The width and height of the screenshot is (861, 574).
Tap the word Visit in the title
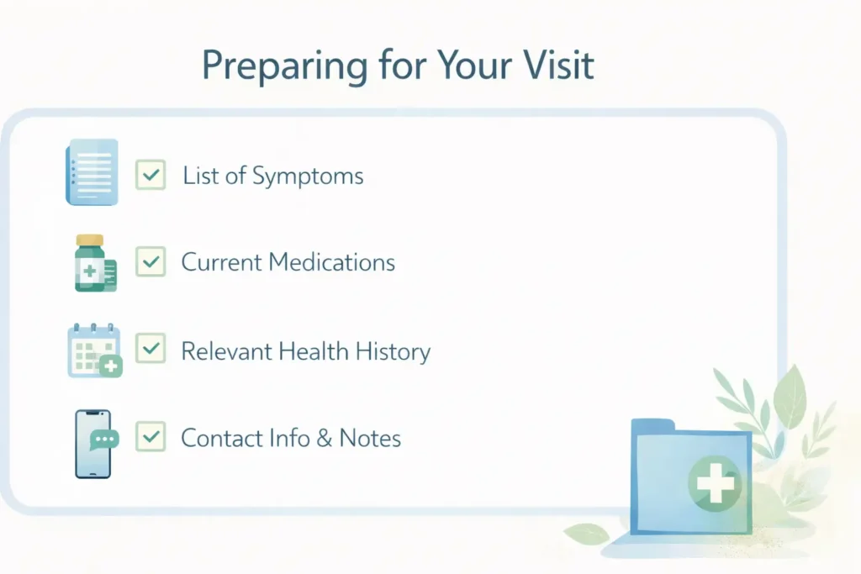[558, 65]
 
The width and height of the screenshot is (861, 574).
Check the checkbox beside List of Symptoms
[151, 175]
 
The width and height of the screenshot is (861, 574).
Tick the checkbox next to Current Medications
[151, 261]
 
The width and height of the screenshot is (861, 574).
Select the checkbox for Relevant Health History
[151, 348]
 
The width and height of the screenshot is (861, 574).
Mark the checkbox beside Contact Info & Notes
[151, 436]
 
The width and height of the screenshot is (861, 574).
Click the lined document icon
[92, 172]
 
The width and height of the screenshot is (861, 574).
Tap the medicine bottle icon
[95, 263]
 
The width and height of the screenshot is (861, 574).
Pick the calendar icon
[94, 350]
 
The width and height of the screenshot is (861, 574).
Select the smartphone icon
[92, 444]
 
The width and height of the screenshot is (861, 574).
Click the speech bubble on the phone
[104, 440]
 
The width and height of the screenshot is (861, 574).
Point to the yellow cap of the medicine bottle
[90, 240]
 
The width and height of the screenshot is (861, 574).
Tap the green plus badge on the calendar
[111, 366]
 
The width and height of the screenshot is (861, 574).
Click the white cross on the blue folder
[715, 483]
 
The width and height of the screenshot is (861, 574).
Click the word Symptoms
[308, 176]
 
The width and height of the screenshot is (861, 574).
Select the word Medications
[331, 261]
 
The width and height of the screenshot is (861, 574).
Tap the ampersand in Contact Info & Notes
[325, 438]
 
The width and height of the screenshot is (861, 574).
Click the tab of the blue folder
[652, 425]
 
